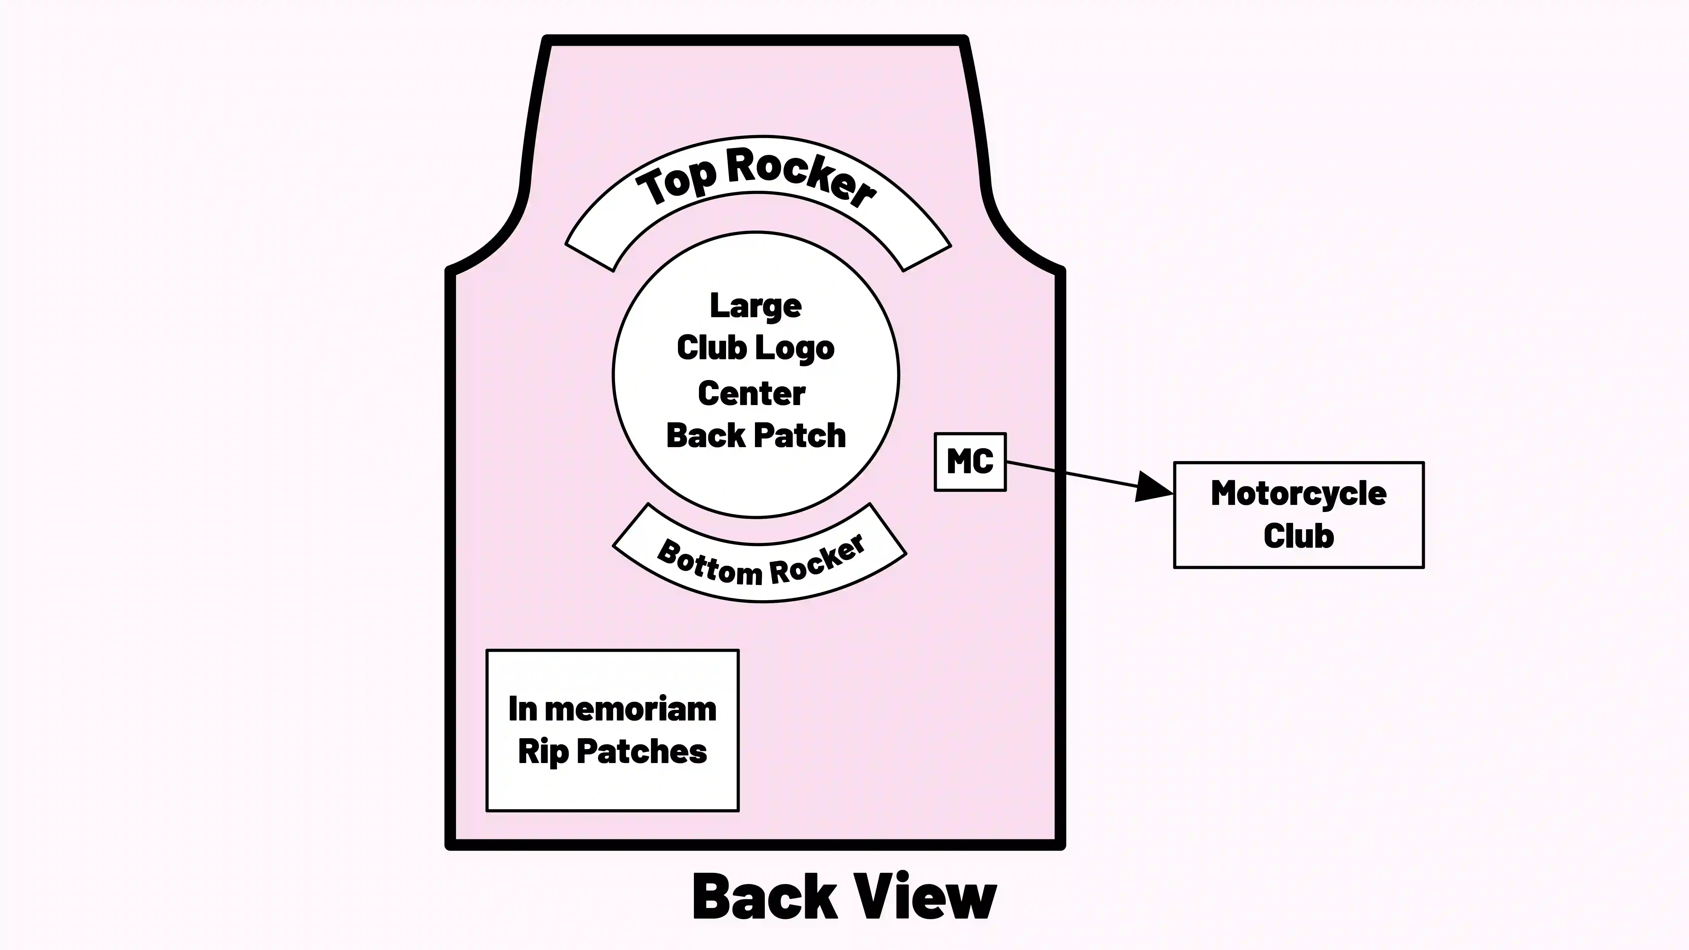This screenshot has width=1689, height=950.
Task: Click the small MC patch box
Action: click(x=970, y=462)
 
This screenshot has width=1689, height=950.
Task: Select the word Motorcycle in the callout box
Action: click(x=1298, y=494)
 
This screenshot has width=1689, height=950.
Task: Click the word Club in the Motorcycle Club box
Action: click(x=1298, y=536)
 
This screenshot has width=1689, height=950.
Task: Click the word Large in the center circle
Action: click(x=755, y=306)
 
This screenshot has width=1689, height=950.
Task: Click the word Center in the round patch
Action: click(x=751, y=393)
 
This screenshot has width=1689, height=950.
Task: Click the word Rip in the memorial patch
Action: click(x=543, y=752)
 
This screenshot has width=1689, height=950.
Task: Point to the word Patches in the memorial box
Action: click(x=641, y=752)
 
